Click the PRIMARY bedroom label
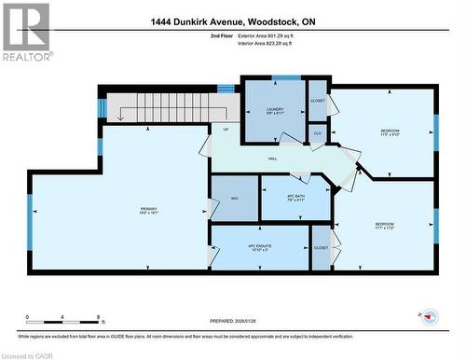148,210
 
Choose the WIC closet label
235,197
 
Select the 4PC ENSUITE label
259,247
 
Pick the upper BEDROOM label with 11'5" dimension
389,132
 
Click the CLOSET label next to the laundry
318,99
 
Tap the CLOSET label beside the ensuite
321,248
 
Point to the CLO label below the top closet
318,134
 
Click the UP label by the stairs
225,129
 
